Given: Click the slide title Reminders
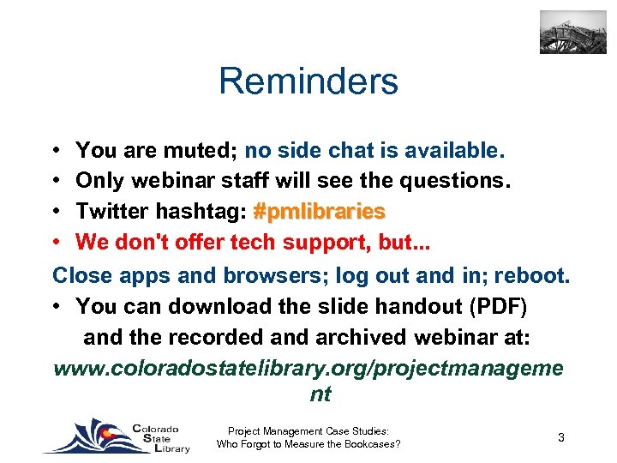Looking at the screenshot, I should pyautogui.click(x=308, y=81).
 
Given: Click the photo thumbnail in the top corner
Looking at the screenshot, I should pyautogui.click(x=572, y=33).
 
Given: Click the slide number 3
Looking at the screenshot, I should pyautogui.click(x=560, y=437).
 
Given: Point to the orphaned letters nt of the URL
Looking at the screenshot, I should pyautogui.click(x=320, y=395).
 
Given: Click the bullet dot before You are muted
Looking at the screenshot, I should pyautogui.click(x=56, y=152).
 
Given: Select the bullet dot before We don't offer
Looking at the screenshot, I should pyautogui.click(x=56, y=243).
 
